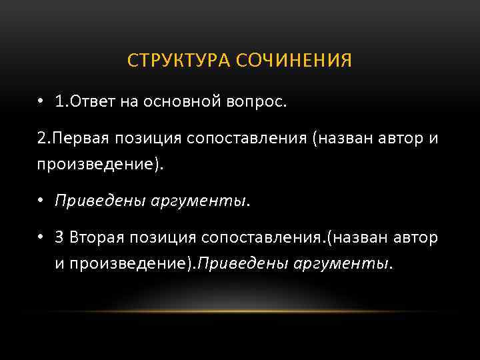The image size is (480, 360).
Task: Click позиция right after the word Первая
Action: [143, 139]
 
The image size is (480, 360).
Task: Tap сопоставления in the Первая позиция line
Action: [251, 139]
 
